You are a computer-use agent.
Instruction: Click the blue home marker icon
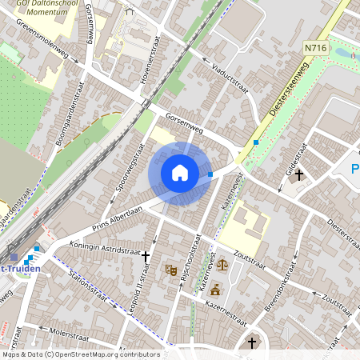pos(180,172)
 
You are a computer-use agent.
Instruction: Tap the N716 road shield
pos(315,49)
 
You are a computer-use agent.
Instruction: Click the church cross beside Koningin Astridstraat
pos(146,257)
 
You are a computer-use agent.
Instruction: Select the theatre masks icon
pos(170,270)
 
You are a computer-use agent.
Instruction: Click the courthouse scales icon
pos(222,262)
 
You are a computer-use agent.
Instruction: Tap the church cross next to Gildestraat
pos(299,174)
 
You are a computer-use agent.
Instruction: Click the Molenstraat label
pos(68,330)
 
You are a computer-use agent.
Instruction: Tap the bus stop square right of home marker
pos(210,174)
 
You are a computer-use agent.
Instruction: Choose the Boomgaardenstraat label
pos(68,119)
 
